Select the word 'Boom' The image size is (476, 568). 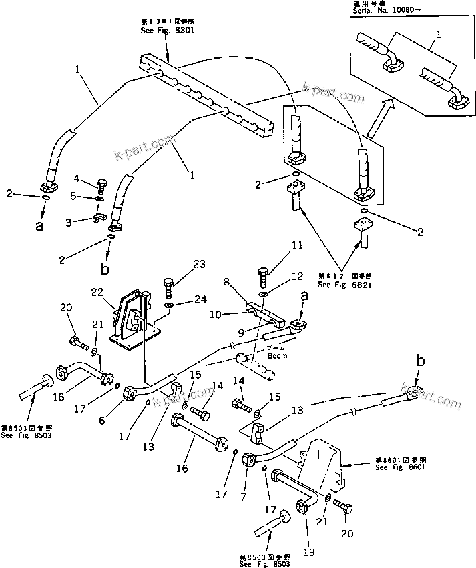click(276, 355)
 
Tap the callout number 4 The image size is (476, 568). click(77, 178)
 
